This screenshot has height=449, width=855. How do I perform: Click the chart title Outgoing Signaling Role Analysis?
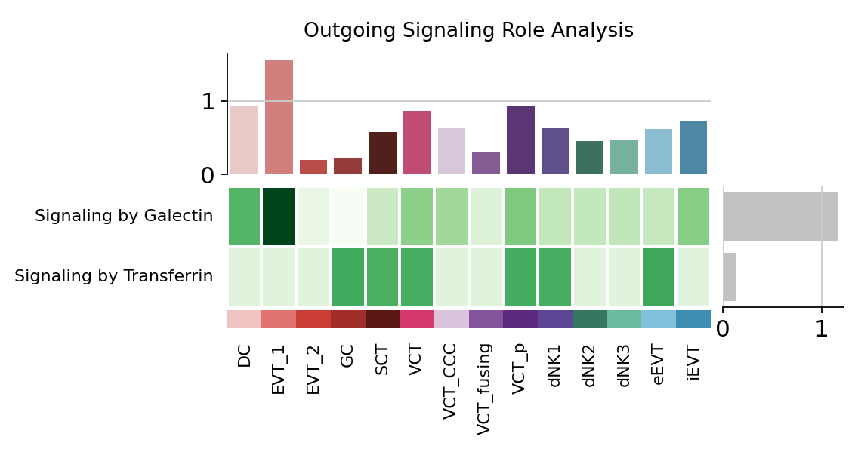click(x=468, y=31)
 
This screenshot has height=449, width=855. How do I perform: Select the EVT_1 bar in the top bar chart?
click(x=279, y=117)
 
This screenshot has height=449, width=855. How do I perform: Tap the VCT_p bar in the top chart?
click(x=520, y=140)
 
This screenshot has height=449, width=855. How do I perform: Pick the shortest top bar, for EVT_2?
click(x=313, y=167)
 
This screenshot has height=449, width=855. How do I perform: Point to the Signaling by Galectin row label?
click(x=124, y=217)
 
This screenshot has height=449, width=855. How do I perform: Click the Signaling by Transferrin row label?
click(x=114, y=277)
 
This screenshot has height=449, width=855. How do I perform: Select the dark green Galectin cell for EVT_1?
click(x=279, y=217)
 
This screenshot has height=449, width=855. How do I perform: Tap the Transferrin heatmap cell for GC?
click(x=348, y=277)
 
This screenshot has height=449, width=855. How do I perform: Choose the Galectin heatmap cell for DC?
click(x=244, y=217)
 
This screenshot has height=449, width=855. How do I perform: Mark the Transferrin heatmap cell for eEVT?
click(x=659, y=277)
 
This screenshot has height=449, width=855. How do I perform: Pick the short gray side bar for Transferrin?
click(x=730, y=277)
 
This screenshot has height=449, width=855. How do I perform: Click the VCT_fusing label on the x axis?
click(x=485, y=389)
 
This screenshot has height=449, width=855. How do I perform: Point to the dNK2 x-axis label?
click(x=590, y=365)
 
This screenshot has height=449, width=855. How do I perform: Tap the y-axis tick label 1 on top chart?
click(x=208, y=102)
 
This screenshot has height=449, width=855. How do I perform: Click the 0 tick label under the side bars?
click(x=723, y=330)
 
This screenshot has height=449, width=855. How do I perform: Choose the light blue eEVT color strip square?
click(x=659, y=319)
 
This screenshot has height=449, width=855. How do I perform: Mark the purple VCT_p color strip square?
click(x=520, y=319)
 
